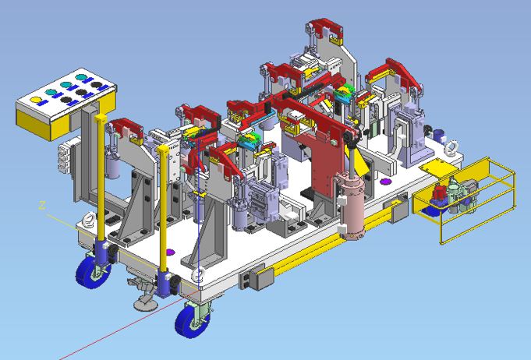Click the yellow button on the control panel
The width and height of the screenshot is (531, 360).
36,100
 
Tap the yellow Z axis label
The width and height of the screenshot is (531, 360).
42,205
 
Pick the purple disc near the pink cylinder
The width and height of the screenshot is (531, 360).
384,182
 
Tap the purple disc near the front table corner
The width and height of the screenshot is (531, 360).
170,252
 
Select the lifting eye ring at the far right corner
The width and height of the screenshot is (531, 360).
451,148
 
